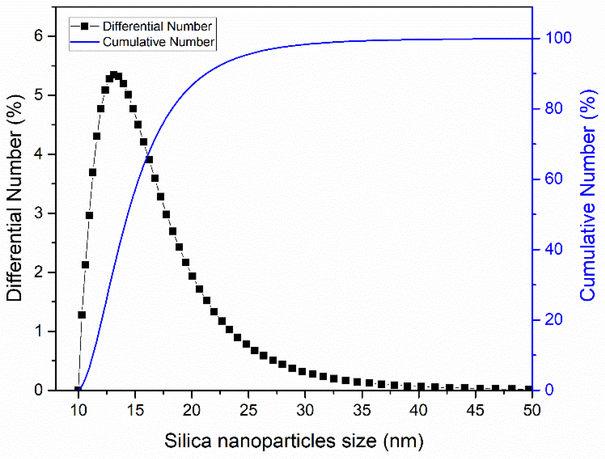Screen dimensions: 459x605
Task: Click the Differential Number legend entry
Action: pyautogui.click(x=157, y=26)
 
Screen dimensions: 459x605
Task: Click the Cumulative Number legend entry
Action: pyautogui.click(x=158, y=42)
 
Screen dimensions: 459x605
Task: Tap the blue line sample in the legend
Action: pyautogui.click(x=85, y=42)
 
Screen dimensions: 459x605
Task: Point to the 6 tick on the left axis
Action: pyautogui.click(x=39, y=36)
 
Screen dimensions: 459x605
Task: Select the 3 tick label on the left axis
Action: pyautogui.click(x=39, y=213)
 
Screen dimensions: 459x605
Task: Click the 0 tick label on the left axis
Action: pyautogui.click(x=39, y=390)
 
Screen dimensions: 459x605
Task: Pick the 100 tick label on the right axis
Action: pyautogui.click(x=558, y=38)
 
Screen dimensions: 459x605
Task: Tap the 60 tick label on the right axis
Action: pyautogui.click(x=554, y=179)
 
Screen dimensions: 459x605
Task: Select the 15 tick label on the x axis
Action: pyautogui.click(x=135, y=410)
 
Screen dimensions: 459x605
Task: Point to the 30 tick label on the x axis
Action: pyautogui.click(x=305, y=410)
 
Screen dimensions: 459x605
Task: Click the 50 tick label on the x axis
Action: pyautogui.click(x=532, y=410)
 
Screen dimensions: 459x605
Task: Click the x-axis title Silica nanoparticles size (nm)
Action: pyautogui.click(x=294, y=441)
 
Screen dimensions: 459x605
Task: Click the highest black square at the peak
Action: pyautogui.click(x=114, y=75)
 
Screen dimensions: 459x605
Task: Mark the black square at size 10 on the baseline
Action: pyautogui.click(x=78, y=389)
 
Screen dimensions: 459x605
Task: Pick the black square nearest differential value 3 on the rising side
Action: pyautogui.click(x=89, y=215)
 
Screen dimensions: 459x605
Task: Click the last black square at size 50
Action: pyautogui.click(x=528, y=389)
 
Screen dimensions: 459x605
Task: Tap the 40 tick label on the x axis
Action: pyautogui.click(x=418, y=410)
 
